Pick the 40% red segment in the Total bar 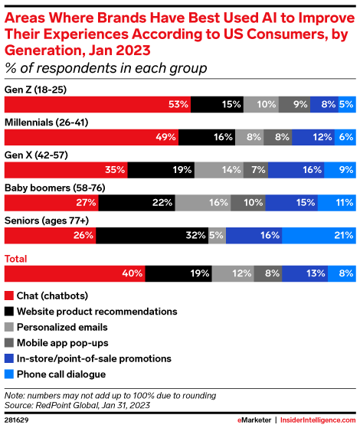75,273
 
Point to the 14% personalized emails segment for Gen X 219,170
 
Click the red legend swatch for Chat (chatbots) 9,296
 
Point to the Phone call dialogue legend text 60,374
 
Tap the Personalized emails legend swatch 9,327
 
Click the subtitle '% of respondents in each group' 106,68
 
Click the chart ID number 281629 17,420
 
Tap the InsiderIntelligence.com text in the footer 319,420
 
